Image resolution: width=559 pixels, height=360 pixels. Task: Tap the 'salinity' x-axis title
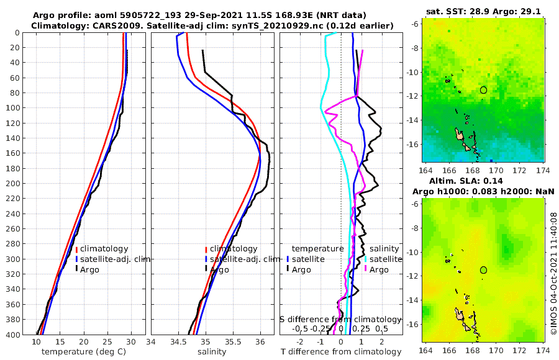click(211, 352)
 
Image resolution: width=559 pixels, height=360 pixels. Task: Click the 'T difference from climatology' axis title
click(342, 352)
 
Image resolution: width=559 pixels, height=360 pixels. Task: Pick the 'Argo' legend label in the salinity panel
click(219, 270)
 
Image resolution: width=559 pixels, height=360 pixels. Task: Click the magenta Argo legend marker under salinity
click(366, 269)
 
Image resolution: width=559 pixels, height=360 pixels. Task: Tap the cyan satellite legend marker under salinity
click(366, 259)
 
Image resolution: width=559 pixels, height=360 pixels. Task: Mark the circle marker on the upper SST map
click(483, 90)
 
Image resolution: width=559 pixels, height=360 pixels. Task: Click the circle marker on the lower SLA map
click(483, 270)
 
